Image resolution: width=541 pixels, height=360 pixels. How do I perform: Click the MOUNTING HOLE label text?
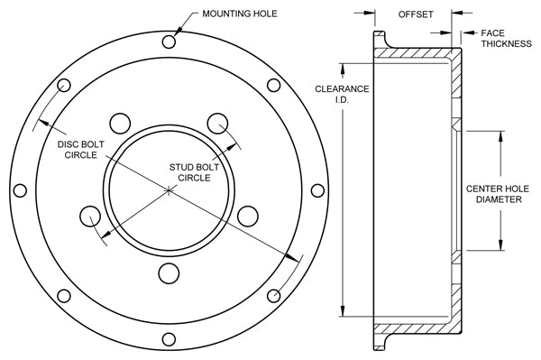(x=240, y=14)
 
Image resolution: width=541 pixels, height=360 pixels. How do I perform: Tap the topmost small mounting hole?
(x=169, y=42)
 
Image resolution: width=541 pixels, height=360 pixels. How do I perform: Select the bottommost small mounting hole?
(x=169, y=339)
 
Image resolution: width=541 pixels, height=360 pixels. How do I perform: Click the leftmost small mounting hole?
(x=20, y=190)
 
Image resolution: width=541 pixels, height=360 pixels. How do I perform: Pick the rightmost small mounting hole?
(x=317, y=190)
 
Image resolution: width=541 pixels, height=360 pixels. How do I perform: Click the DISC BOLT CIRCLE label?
(x=81, y=150)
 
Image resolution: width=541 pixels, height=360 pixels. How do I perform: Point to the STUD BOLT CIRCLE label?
(x=194, y=172)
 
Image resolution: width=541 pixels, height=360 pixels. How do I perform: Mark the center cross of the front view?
(x=169, y=190)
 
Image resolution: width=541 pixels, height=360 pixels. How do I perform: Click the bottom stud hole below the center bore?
(x=169, y=273)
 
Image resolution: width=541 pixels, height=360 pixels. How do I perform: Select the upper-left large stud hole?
(x=120, y=123)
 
